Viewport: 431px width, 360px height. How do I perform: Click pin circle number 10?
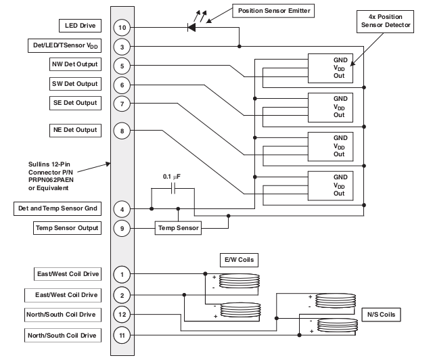point(122,27)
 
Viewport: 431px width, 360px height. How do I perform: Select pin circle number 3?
point(122,47)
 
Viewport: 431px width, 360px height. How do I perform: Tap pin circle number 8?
point(122,130)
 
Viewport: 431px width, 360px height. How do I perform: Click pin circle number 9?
point(122,228)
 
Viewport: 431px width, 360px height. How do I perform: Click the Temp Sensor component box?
point(179,228)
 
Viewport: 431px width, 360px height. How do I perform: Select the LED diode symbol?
point(191,28)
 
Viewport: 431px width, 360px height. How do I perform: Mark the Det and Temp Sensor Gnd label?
point(58,208)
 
